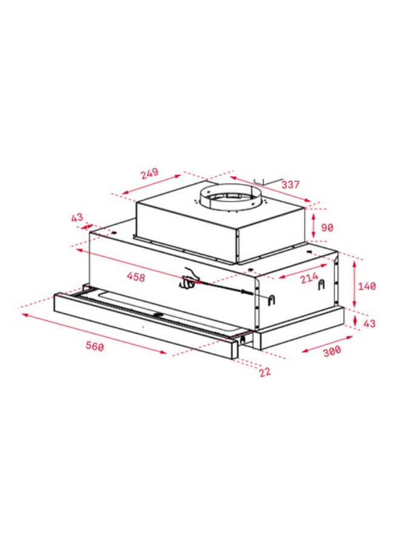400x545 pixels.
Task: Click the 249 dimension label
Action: (149, 173)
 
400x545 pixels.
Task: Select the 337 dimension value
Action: (290, 184)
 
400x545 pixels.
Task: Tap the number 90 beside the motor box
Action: (327, 228)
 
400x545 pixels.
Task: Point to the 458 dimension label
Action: (136, 277)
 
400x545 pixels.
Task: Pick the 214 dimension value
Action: (308, 280)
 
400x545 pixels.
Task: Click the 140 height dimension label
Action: (367, 286)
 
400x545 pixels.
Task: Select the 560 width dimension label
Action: (95, 346)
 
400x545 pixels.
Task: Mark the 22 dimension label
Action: (265, 372)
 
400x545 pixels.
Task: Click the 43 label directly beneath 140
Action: (368, 323)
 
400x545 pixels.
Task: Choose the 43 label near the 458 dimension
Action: (77, 217)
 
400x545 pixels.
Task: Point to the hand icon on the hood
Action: (190, 278)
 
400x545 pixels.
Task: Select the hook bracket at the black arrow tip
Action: (272, 299)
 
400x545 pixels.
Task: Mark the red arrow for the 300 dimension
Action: (324, 343)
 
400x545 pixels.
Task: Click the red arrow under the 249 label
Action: (152, 185)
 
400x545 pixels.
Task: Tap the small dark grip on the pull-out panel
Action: (159, 314)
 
